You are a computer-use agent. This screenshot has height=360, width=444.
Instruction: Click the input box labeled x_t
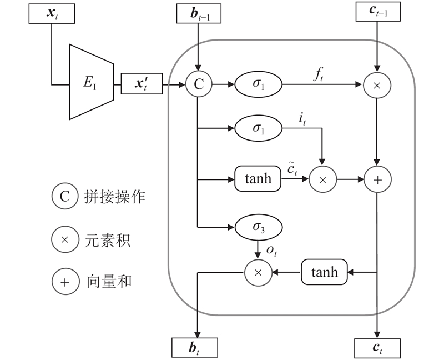(x=51, y=13)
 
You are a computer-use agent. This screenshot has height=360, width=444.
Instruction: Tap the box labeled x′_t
(x=141, y=85)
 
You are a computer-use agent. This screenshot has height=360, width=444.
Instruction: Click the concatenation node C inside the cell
(x=198, y=85)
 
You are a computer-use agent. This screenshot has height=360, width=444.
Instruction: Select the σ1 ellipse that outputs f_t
(x=259, y=85)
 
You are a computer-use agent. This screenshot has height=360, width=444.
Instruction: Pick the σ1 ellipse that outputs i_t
(x=259, y=128)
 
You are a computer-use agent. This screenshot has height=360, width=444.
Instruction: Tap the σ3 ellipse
(x=259, y=227)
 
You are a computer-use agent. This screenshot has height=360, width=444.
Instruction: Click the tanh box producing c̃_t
(x=258, y=179)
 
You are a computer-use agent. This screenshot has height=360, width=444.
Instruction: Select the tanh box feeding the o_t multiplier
(x=324, y=272)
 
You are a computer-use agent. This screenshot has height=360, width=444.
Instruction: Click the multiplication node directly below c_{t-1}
(x=377, y=85)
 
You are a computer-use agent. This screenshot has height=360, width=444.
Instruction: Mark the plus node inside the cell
(x=377, y=179)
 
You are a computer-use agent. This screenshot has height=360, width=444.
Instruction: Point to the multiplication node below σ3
(x=258, y=272)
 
